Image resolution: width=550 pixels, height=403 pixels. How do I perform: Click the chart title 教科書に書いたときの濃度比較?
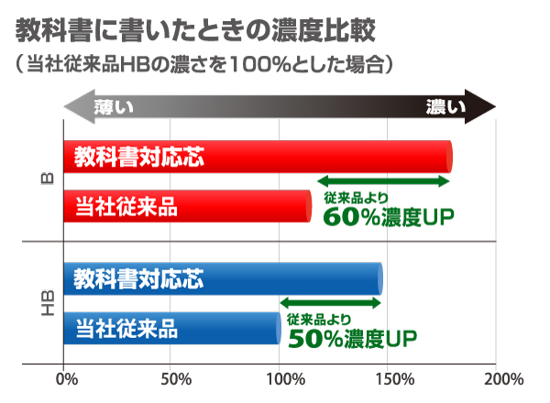click(x=195, y=31)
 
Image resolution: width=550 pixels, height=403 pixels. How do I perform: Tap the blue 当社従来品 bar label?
click(x=126, y=327)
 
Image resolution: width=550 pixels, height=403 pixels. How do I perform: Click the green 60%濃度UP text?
click(x=389, y=216)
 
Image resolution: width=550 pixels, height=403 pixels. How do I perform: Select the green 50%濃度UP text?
click(x=352, y=339)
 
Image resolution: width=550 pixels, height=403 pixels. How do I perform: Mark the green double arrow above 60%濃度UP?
click(x=382, y=181)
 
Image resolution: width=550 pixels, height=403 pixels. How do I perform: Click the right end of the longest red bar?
click(x=449, y=157)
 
